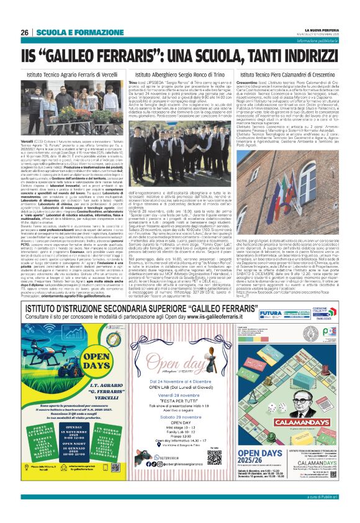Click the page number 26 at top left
(24, 32)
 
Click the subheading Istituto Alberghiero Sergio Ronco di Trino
(179, 73)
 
